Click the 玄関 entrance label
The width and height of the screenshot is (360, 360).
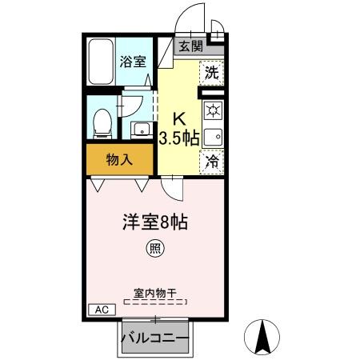pos(190,46)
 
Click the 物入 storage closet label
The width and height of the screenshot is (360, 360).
pos(119,159)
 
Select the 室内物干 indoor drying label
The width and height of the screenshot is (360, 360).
pos(154,293)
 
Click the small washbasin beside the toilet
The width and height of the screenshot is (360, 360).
pos(141,129)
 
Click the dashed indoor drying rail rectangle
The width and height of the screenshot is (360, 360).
pos(155,302)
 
